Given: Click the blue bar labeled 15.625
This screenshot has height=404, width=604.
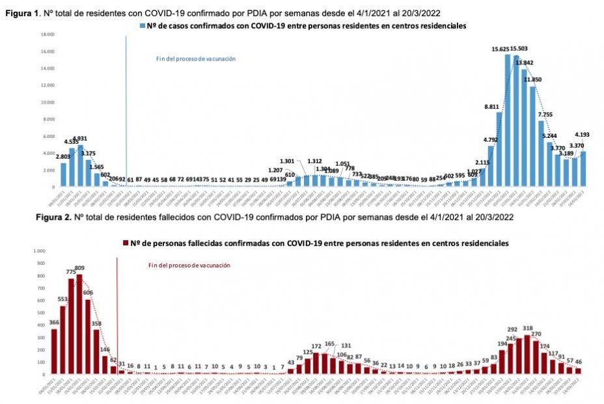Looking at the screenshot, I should pos(508,120).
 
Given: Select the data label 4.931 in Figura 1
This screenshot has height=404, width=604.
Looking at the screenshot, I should pos(80,139).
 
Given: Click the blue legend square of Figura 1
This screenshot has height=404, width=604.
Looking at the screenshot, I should pos(143,26).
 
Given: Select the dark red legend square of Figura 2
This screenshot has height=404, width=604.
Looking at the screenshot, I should pos(126,242).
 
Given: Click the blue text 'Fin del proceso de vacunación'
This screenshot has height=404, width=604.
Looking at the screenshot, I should pos(195,59).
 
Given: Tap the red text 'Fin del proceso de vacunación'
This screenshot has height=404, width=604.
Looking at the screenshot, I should pos(189,265).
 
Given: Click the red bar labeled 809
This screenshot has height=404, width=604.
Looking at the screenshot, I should pos(79,324).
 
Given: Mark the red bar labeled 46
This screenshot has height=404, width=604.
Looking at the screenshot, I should pos(579,371).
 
